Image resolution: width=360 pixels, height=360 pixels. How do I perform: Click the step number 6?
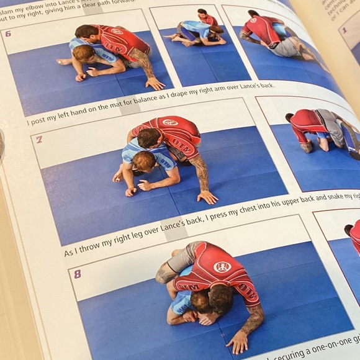pos(8,34)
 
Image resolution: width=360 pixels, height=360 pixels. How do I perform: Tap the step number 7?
pos(38,140)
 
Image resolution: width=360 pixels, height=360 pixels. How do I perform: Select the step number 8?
pos(77,274)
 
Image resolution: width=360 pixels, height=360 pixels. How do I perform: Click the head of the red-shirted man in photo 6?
pos(86,33)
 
